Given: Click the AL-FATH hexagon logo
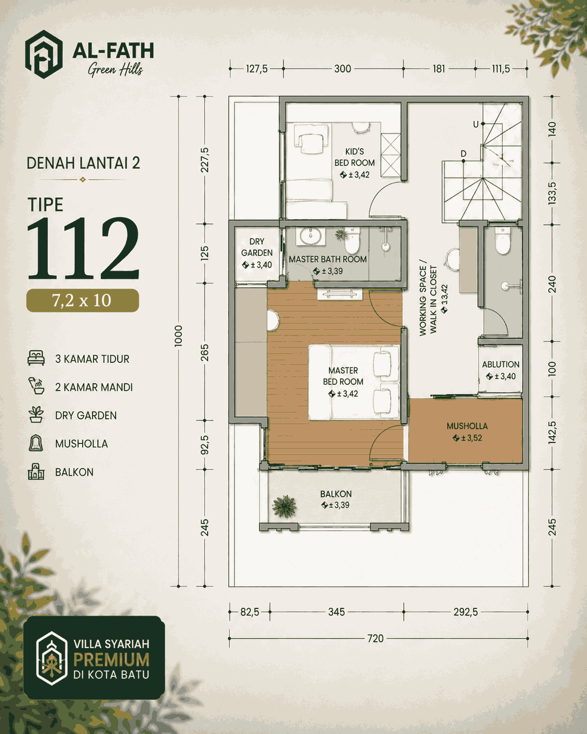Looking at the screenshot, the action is coord(43,54).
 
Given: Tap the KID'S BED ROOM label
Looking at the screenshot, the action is coord(355,157).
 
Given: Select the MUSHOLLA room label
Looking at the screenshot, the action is coord(467,426).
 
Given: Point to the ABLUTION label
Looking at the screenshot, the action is coord(501,364).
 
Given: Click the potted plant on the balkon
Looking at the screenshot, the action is coord(284,506).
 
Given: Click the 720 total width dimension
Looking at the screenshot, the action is coord(375,638).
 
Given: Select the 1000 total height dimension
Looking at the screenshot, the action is coord(178,336).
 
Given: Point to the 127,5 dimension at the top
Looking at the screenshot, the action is coord(257,69).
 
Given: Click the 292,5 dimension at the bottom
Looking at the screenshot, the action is coord(465,612).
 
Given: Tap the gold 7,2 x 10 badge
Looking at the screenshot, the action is coord(83,300).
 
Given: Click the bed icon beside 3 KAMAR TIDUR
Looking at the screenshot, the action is coord(36,358).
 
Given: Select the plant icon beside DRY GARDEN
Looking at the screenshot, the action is coord(36,415).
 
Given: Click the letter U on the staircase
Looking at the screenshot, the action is coord(476,125).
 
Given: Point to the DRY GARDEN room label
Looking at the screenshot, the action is coord(257,247).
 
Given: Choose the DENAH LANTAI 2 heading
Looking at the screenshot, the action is coord(83,163).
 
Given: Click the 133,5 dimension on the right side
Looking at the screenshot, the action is coord(552,193).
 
